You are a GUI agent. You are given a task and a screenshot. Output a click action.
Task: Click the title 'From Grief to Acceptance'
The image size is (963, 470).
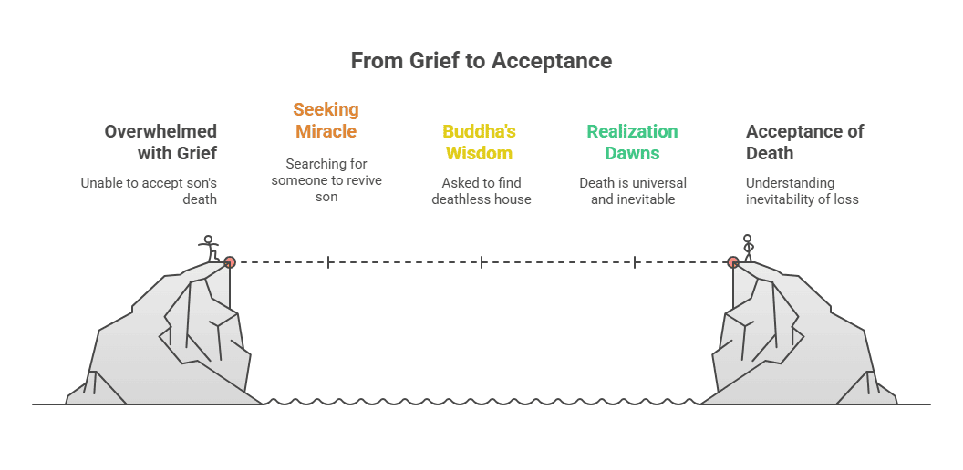tap(481, 61)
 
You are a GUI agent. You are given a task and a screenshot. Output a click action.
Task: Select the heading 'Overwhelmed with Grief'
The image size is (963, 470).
tap(160, 141)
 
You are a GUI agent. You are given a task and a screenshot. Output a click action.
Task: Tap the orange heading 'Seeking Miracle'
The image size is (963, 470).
tap(326, 120)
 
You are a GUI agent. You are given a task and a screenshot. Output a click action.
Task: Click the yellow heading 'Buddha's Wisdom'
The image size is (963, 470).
tap(479, 141)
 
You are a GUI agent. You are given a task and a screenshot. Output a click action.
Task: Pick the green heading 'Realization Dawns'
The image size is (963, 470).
tap(632, 141)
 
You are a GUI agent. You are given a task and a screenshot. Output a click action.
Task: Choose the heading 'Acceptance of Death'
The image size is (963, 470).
tap(804, 141)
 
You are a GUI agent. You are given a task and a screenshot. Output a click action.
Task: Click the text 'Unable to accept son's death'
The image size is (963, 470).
tap(149, 190)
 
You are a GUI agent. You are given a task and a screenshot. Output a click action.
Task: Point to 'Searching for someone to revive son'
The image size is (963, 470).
tap(326, 179)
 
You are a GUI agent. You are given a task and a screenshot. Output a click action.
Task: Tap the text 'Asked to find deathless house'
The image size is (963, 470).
tap(481, 190)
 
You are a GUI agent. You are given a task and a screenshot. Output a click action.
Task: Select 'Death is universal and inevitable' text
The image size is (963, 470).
tap(632, 190)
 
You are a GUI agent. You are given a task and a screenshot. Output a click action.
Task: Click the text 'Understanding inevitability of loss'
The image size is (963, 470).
tap(802, 190)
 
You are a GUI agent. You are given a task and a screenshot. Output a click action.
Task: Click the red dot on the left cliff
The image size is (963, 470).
tap(230, 262)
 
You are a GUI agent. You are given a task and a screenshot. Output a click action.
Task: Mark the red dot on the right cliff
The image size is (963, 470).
tap(732, 262)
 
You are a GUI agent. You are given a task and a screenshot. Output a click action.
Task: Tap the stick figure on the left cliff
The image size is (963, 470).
tap(209, 248)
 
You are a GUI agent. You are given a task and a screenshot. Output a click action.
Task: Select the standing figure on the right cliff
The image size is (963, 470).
tap(748, 248)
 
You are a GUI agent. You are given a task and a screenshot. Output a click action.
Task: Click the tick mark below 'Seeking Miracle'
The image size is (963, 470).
tap(327, 262)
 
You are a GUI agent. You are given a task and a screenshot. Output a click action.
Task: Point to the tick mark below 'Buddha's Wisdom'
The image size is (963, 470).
tap(481, 262)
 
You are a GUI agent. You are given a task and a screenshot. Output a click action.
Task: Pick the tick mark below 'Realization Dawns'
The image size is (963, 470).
tap(634, 262)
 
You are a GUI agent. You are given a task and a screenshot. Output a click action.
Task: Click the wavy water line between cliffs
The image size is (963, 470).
tap(481, 401)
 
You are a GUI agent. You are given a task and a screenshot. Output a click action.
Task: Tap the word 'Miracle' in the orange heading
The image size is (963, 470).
tap(326, 131)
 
